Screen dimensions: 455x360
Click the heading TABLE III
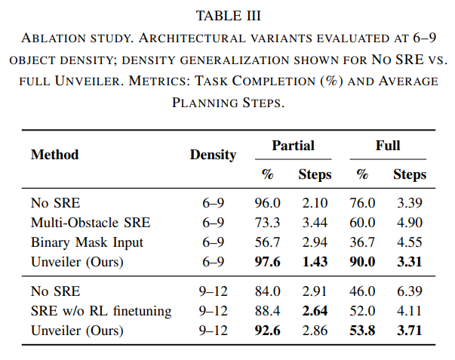[x=229, y=16]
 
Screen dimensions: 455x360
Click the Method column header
[x=55, y=155]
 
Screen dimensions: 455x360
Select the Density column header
[x=213, y=155]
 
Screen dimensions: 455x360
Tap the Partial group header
[x=293, y=146]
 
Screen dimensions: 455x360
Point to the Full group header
[x=388, y=146]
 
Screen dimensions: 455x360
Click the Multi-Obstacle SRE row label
[x=91, y=223]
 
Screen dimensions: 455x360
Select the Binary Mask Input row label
[x=87, y=242]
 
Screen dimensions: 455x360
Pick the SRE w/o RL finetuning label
[x=101, y=311]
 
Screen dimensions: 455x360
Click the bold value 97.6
[x=268, y=262]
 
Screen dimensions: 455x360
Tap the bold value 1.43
[x=315, y=262]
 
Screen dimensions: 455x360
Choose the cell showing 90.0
[x=362, y=262]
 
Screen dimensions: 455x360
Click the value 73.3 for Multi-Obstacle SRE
[x=268, y=223]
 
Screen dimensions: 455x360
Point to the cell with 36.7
[x=362, y=242]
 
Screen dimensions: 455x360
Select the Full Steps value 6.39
[x=410, y=291]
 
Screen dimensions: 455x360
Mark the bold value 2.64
[x=315, y=311]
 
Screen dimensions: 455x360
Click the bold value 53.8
[x=362, y=331]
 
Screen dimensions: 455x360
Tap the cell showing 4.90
[x=410, y=223]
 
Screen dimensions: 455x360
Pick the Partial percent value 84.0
[x=268, y=291]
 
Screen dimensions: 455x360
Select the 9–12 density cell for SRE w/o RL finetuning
[x=213, y=311]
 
